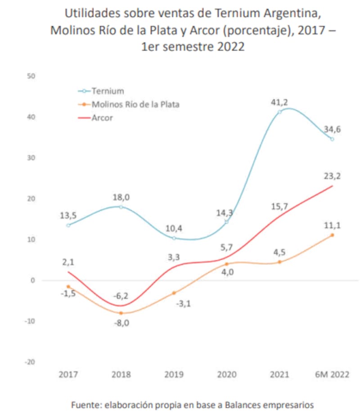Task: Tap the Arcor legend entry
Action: point(102,118)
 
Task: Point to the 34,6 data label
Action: point(332,130)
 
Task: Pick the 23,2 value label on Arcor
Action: point(332,176)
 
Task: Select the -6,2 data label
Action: point(121,296)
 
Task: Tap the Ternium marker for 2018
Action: point(121,207)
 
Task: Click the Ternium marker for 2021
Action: point(279,112)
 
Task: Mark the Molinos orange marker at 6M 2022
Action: point(332,235)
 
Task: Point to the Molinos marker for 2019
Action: point(174,293)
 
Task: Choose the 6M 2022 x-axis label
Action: point(332,375)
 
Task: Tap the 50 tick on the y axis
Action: point(31,76)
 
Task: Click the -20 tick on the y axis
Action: point(30,362)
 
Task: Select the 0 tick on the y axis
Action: point(32,280)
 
